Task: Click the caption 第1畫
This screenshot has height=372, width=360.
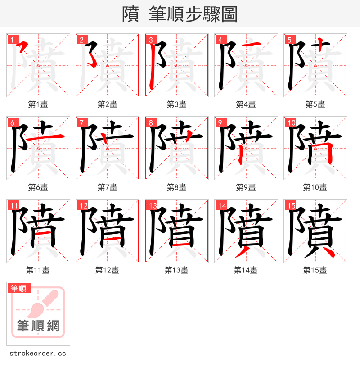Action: click(38, 104)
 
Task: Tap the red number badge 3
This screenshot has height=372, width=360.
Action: click(151, 40)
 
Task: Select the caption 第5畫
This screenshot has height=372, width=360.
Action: click(315, 104)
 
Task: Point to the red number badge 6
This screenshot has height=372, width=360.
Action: click(13, 122)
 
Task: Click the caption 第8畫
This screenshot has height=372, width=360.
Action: click(176, 187)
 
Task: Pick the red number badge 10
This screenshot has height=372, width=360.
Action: click(291, 122)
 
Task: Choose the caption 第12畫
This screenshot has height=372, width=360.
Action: click(107, 270)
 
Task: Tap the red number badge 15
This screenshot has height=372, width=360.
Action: click(291, 205)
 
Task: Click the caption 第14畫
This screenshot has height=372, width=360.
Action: click(246, 270)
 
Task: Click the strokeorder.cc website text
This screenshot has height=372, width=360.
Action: click(37, 354)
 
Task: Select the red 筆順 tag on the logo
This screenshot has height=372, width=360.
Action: click(18, 288)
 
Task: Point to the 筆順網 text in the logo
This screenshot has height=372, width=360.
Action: click(38, 326)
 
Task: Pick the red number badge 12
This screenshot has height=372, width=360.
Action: click(83, 205)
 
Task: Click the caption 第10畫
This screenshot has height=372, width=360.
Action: click(315, 187)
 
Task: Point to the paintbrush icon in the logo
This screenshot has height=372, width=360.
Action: click(43, 304)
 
